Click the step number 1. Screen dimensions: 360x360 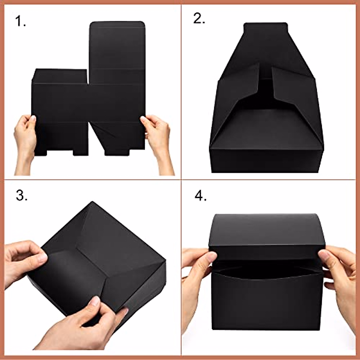tap(20, 22)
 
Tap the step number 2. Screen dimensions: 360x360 tap(199, 19)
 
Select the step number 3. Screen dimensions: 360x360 tap(22, 196)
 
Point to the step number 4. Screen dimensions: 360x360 tap(200, 196)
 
